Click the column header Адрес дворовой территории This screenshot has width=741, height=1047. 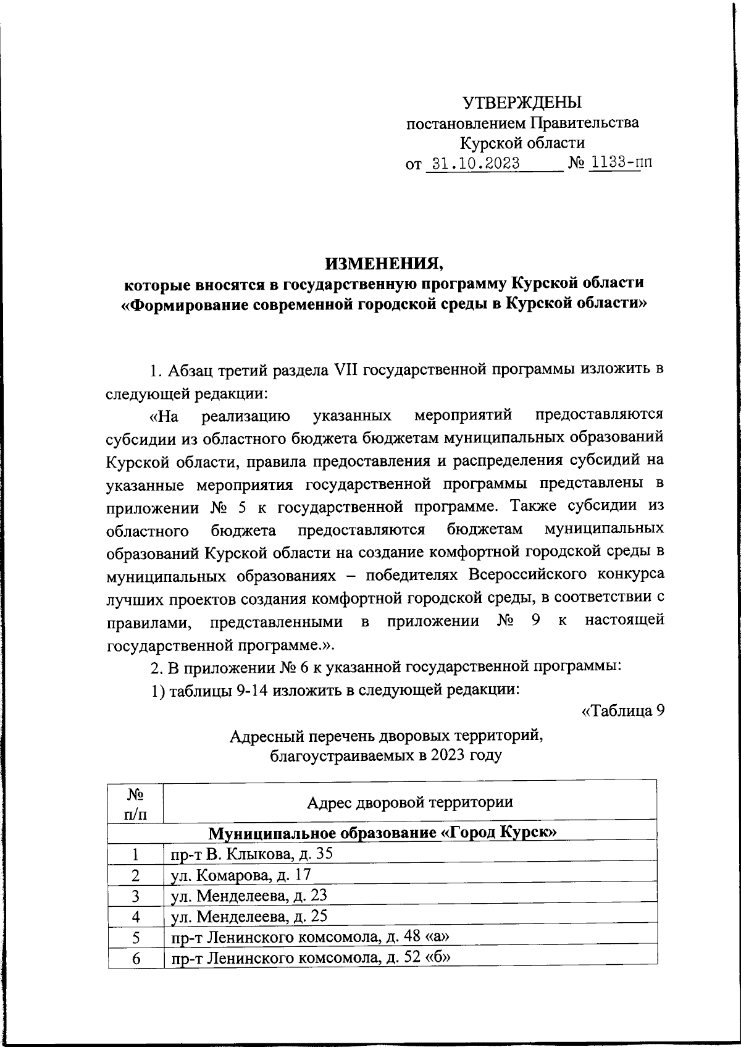410,802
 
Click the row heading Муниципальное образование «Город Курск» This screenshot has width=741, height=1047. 382,833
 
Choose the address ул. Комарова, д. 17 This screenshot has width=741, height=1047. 241,875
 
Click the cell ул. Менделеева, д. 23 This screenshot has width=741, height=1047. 249,896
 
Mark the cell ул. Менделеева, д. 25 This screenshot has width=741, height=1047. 249,916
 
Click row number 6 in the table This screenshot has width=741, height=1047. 136,959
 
